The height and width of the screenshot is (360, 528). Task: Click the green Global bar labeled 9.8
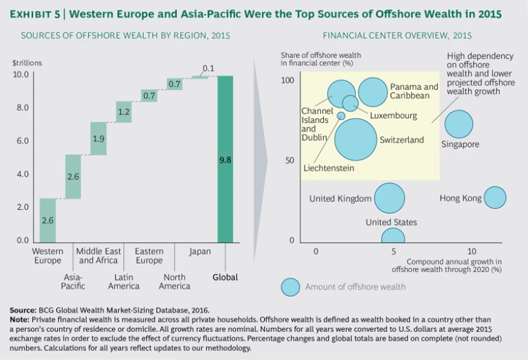[225, 159]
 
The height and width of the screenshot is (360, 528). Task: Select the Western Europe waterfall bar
[47, 221]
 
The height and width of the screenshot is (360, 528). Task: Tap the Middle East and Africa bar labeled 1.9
[98, 139]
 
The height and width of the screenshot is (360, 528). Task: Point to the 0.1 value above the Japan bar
[208, 67]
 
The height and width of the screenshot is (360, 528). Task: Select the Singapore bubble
[459, 125]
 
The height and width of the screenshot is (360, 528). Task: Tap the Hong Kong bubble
[494, 198]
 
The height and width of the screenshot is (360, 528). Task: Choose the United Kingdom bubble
[389, 198]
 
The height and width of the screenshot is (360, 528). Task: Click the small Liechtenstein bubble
[341, 115]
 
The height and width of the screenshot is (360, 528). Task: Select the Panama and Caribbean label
[414, 91]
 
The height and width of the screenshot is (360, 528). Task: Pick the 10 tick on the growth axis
[472, 251]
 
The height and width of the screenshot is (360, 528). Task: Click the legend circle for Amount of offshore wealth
[291, 286]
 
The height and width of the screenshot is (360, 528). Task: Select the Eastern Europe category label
[149, 256]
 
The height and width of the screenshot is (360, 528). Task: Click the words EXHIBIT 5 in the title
[31, 14]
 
